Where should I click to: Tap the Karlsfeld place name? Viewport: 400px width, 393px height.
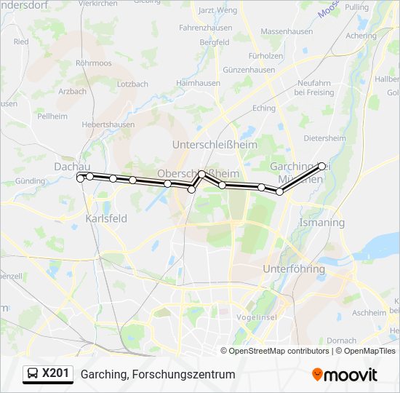106,218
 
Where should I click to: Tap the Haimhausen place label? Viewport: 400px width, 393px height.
198,84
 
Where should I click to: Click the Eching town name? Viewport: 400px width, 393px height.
264,108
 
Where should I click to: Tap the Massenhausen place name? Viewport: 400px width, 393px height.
287,33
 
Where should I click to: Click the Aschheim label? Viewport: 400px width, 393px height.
368,312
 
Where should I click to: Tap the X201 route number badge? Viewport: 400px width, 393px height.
56,374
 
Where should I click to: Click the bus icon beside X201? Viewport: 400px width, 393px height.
33,374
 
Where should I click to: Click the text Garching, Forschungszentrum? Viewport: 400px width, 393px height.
158,374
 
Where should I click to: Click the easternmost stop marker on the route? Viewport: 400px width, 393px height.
322,166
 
